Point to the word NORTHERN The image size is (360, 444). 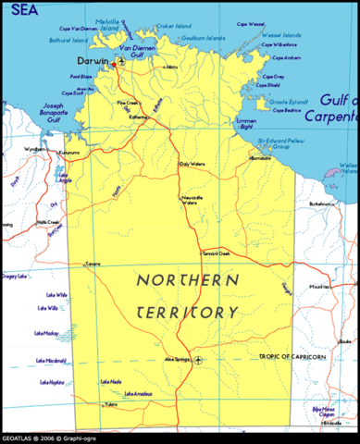coord(187,279)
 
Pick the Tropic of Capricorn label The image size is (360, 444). coord(294,356)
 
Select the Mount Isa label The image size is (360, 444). coord(319,288)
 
